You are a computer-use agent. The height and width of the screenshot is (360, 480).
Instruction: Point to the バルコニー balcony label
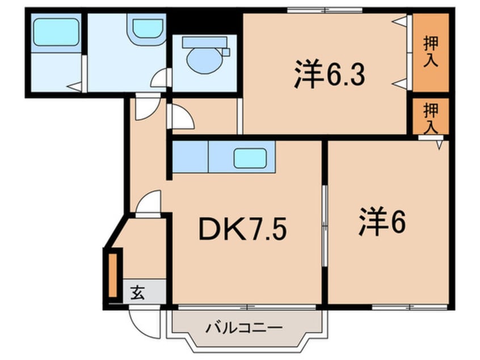(244, 328)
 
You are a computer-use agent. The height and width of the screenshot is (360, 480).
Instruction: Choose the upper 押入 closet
(431, 52)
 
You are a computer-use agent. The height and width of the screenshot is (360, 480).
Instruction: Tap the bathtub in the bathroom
(56, 32)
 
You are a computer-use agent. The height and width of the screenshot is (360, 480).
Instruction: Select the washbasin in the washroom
(148, 29)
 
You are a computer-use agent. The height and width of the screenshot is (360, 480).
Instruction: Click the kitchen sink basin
(250, 157)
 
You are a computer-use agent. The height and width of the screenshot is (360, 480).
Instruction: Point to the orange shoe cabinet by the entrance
(112, 276)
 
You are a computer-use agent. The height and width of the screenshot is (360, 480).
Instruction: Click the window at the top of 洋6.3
(325, 10)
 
